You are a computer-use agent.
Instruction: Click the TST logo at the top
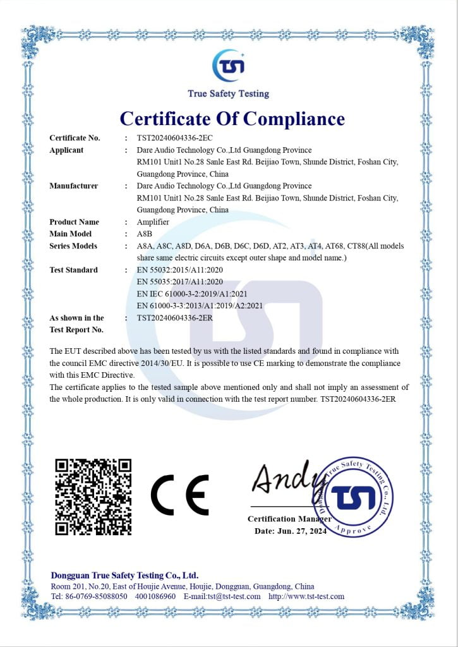[x=228, y=65]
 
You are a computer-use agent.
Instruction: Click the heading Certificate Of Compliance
[x=232, y=118]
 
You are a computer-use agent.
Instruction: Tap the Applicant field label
[x=66, y=150]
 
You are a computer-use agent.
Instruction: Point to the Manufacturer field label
[x=73, y=186]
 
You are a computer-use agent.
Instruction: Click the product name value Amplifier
[x=153, y=222]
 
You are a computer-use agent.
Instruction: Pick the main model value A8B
[x=144, y=234]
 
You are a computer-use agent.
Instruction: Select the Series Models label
[x=73, y=246]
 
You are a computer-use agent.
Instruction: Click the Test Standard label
[x=73, y=270]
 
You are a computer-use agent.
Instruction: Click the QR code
[x=93, y=497]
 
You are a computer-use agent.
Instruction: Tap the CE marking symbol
[x=179, y=495]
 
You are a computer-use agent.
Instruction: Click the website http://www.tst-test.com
[x=306, y=596]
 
